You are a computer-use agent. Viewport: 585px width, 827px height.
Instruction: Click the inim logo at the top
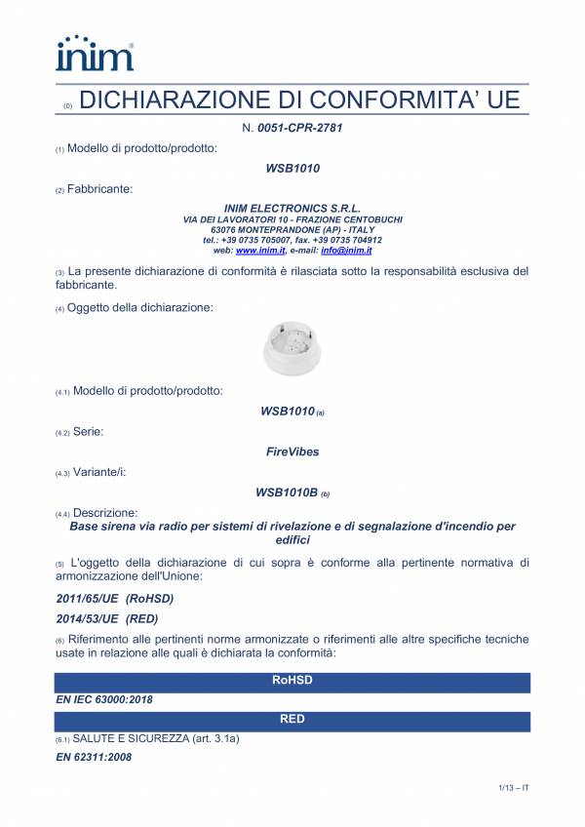coord(95,54)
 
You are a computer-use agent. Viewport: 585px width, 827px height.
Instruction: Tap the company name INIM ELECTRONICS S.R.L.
coord(292,209)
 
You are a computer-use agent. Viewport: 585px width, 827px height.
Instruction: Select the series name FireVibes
coord(292,452)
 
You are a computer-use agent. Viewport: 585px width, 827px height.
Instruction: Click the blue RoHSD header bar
coord(292,682)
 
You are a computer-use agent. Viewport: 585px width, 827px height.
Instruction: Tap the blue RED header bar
coord(292,720)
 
